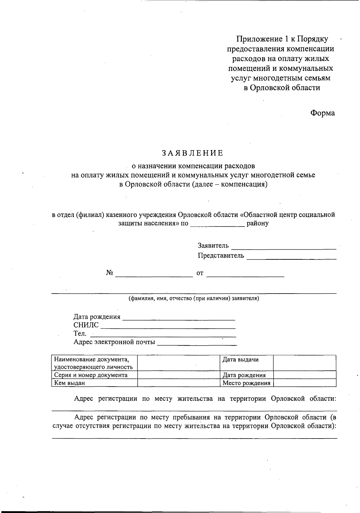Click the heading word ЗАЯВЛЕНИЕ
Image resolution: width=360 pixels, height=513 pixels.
(193, 153)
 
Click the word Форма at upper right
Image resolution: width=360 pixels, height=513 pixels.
(322, 113)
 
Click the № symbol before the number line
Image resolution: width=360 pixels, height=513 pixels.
(109, 273)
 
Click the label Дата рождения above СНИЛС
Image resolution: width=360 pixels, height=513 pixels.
(97, 317)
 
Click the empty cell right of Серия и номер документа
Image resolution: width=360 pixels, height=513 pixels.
(179, 375)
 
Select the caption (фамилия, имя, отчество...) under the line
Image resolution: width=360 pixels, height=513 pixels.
(194, 298)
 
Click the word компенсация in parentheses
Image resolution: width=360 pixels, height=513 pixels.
(243, 184)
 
